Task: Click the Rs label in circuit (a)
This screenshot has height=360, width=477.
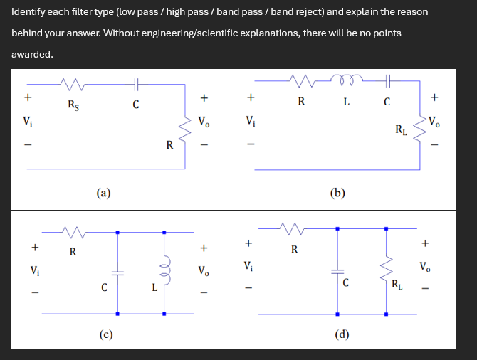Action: point(73,106)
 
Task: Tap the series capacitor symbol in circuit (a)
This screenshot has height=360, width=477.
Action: point(137,85)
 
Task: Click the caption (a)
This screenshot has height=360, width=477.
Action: point(104,191)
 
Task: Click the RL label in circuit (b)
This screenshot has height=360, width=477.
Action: point(402,129)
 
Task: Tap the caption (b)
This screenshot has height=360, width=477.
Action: point(338,191)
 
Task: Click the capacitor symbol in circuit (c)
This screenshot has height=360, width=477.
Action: point(117,273)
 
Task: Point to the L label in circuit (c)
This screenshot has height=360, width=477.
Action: point(154,287)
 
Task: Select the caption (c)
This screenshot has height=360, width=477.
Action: point(104,334)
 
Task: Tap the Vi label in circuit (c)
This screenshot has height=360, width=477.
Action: point(34,270)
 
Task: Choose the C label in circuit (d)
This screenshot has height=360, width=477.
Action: point(345,283)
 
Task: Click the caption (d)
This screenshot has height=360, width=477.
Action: point(342,334)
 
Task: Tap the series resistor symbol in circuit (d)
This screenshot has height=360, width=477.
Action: point(291,229)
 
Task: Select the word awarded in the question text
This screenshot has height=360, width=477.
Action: point(32,54)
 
